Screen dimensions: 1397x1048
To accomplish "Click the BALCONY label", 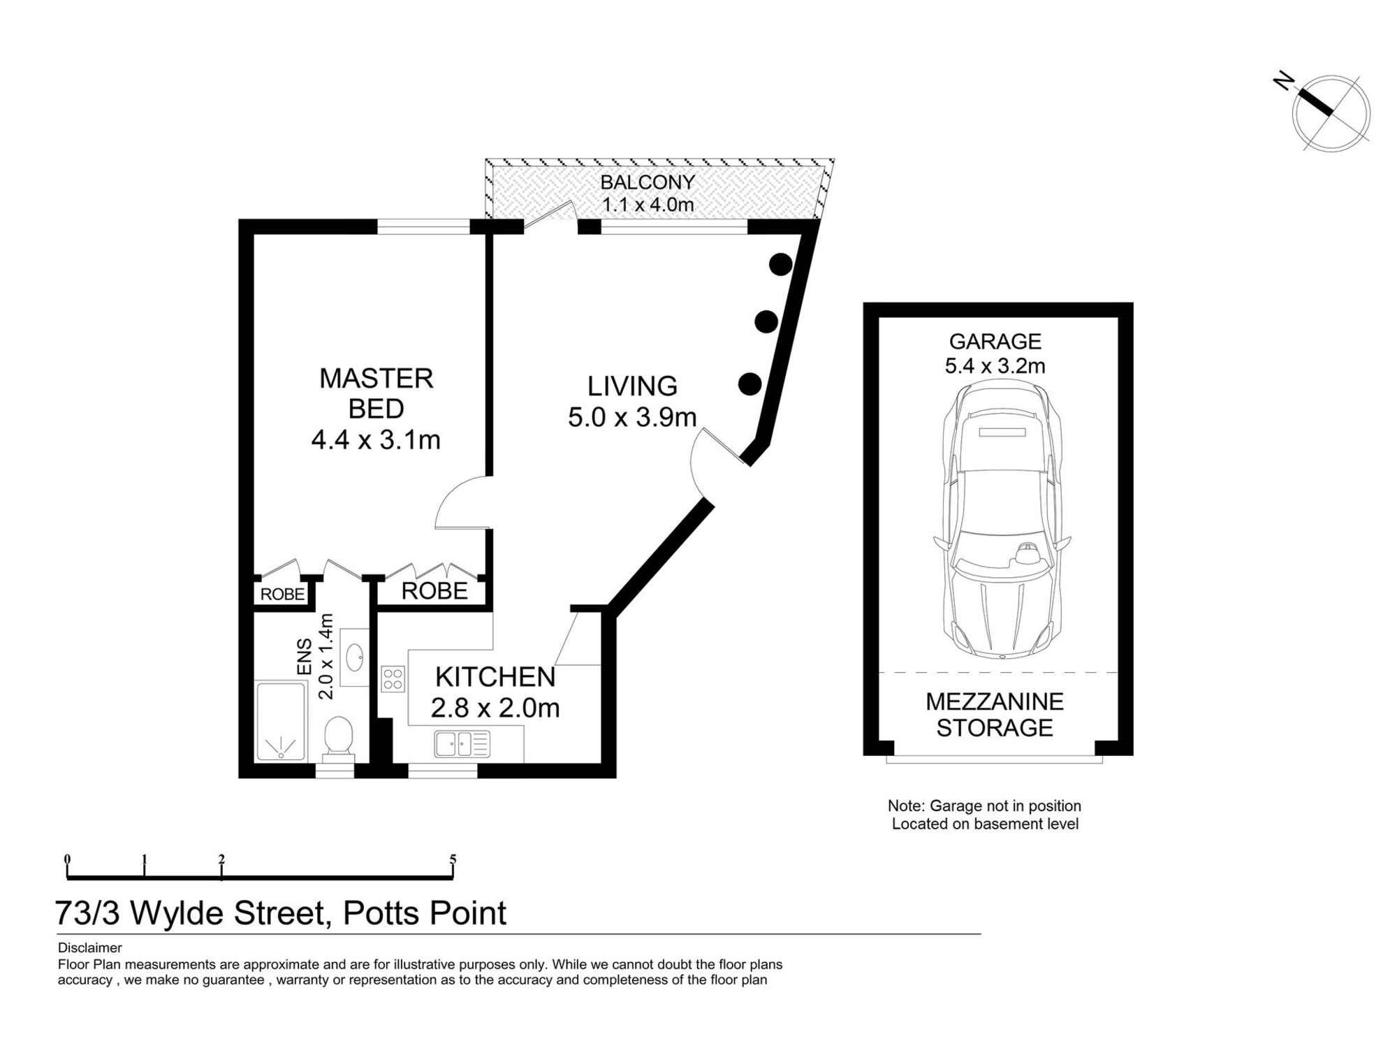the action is [648, 182].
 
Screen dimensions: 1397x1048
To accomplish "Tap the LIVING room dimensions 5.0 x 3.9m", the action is [632, 418].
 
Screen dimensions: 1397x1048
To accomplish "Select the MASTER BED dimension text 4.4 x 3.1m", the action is [376, 440].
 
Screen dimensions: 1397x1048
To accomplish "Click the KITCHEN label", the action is [495, 677].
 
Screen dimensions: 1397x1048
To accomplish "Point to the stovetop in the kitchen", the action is [393, 678].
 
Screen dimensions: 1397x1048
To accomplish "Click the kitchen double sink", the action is [462, 744].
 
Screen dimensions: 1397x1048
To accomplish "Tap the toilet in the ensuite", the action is [339, 736].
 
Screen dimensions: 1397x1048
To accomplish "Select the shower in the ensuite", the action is [281, 721].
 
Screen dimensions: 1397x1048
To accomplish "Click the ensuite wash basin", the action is [355, 657].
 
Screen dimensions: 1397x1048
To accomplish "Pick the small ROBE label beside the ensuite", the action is [282, 595].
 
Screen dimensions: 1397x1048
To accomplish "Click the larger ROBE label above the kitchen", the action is [434, 591].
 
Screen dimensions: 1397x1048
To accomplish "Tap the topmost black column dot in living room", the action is [780, 264].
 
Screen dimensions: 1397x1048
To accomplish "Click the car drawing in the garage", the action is [1001, 522].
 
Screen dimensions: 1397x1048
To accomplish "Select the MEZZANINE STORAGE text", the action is [995, 715].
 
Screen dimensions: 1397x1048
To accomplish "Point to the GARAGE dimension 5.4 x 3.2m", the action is [995, 365].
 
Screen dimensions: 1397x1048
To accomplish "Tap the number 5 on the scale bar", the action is [453, 859].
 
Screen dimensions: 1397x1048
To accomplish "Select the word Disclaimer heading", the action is [90, 948].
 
